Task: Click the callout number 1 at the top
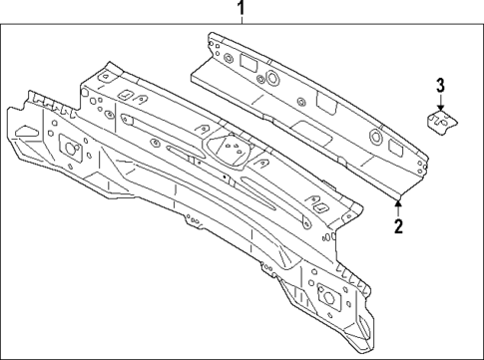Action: click(x=241, y=10)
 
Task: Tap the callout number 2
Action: click(x=398, y=225)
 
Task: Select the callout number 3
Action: click(x=440, y=86)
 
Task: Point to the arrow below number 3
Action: click(x=440, y=104)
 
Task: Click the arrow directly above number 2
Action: click(x=398, y=204)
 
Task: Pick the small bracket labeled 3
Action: click(x=439, y=121)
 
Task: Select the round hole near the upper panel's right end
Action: click(x=375, y=136)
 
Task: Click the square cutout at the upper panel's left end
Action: click(x=242, y=62)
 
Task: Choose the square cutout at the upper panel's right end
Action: click(x=396, y=147)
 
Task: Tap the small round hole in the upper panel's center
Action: click(x=298, y=99)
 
